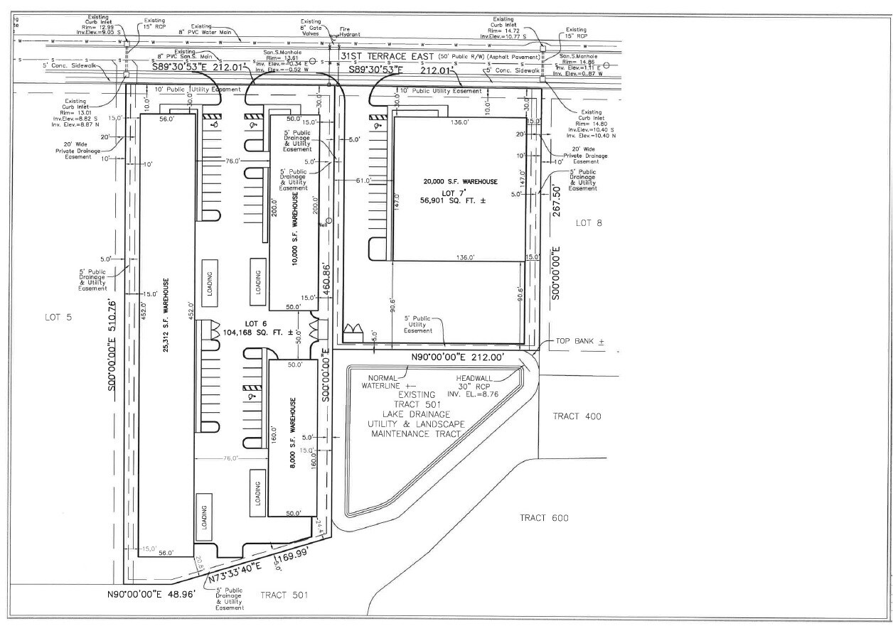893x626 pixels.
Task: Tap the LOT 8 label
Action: coord(589,223)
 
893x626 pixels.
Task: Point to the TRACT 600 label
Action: coord(544,518)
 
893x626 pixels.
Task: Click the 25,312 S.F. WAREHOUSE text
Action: coord(166,315)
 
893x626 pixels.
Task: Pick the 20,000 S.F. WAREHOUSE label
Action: coord(460,182)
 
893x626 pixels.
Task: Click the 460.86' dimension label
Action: coord(326,281)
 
